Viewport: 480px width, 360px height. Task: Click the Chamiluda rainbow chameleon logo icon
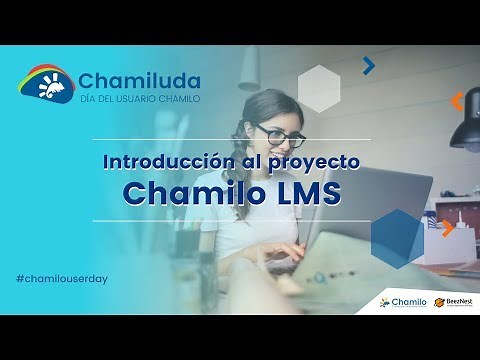click(45, 84)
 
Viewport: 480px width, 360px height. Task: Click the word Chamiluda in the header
click(139, 80)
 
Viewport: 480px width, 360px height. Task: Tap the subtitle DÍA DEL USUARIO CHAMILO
click(139, 99)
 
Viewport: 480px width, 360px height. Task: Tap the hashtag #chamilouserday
click(62, 277)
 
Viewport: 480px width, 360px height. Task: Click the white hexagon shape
click(319, 88)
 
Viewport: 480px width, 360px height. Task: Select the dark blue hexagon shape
click(397, 239)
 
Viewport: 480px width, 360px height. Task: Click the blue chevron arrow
click(369, 66)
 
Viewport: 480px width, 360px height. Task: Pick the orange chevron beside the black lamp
click(457, 101)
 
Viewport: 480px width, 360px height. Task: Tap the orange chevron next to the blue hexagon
click(448, 227)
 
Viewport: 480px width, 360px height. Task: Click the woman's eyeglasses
click(280, 133)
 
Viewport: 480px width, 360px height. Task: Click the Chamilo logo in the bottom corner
click(403, 301)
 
